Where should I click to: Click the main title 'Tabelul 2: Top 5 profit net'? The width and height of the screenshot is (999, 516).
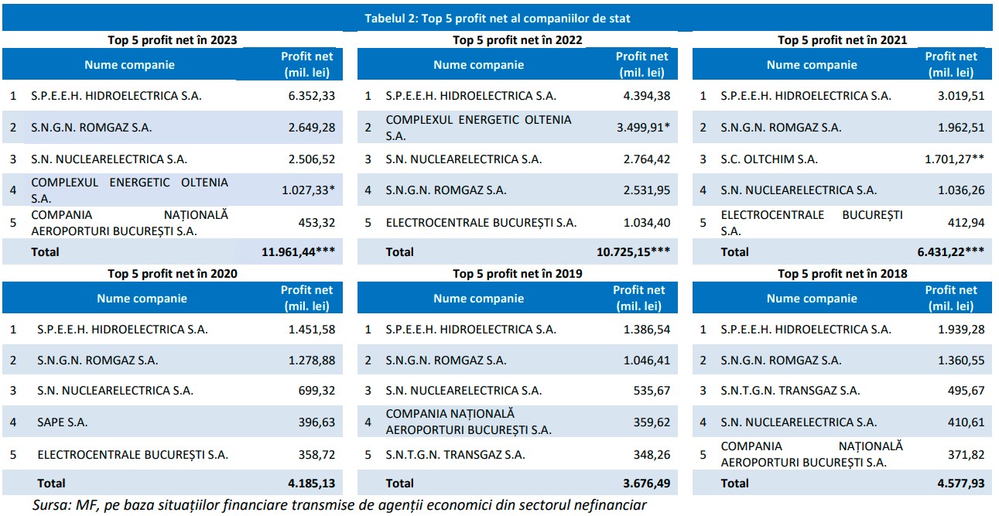497,19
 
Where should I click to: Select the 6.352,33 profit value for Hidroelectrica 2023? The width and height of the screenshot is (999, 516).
310,97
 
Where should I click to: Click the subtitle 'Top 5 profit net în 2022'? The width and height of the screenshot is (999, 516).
517,39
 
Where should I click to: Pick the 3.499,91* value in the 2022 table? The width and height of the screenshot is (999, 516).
643,128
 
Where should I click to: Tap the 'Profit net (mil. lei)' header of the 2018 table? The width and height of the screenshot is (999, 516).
951,298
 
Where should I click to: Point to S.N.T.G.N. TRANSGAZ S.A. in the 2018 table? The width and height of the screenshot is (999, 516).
790,391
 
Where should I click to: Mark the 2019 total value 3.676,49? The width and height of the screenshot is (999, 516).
647,484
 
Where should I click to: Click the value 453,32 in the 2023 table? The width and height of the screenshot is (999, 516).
316,223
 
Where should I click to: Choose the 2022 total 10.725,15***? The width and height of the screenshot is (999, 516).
634,251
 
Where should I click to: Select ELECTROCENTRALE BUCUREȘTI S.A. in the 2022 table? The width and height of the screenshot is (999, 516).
481,223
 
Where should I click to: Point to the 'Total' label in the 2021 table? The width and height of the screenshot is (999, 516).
734,251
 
